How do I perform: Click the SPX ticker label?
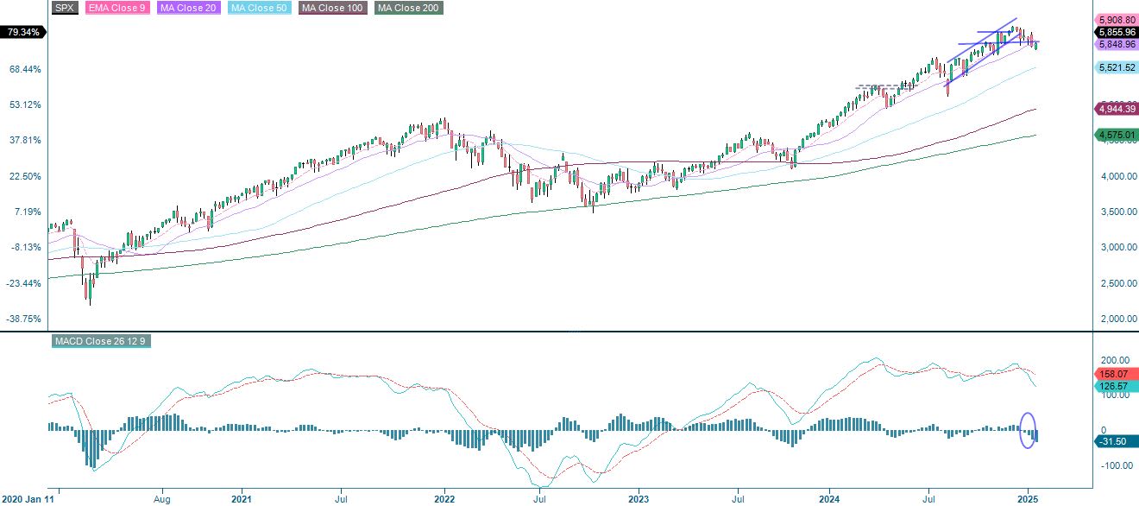point(65,8)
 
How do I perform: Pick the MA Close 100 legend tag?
point(332,8)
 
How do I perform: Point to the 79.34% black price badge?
point(23,32)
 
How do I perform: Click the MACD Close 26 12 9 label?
point(102,341)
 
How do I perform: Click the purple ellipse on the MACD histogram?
point(1028,430)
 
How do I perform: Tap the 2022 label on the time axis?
point(444,499)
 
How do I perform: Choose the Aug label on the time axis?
point(162,499)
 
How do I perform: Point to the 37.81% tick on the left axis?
point(24,140)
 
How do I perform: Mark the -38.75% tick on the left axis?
point(24,319)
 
